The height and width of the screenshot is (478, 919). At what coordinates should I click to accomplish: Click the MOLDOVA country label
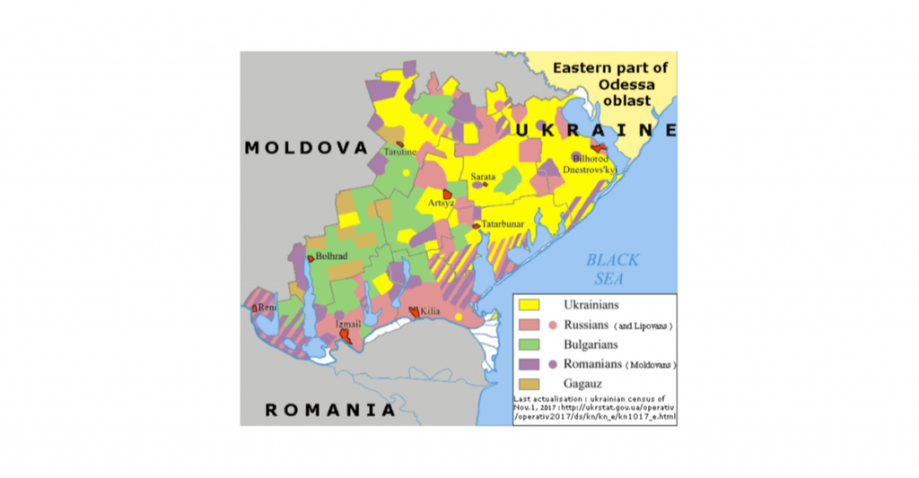(x=306, y=148)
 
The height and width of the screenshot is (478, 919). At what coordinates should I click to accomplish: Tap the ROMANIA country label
(x=329, y=410)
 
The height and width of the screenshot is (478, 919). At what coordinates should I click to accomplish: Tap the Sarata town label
(x=483, y=177)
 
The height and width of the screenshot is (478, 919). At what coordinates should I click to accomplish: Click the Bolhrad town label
(x=331, y=256)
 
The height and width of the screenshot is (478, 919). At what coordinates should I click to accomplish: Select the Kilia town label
(x=430, y=311)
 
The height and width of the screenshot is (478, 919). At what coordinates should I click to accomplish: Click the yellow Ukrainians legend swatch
(x=533, y=305)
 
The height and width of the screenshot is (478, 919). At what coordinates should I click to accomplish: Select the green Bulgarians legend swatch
(x=533, y=344)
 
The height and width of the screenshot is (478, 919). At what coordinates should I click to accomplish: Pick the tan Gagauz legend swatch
(x=533, y=384)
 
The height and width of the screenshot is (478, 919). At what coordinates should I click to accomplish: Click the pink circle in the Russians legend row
(x=555, y=325)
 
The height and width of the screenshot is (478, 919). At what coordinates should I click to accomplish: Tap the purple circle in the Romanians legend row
(x=555, y=364)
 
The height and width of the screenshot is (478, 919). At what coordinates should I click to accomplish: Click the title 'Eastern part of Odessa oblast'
(x=610, y=83)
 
